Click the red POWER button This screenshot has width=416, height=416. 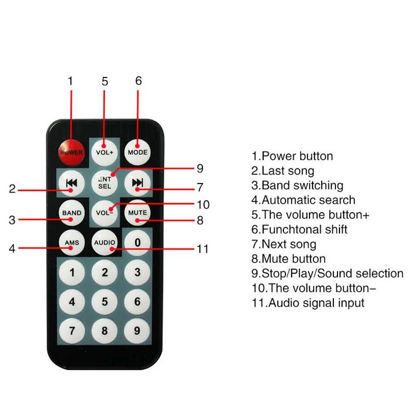[x=72, y=152]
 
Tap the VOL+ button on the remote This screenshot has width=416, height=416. [x=105, y=152]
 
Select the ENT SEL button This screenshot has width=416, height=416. [x=105, y=183]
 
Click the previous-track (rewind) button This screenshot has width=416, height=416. [x=72, y=183]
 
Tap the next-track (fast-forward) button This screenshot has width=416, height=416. [x=137, y=183]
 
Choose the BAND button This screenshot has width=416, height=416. [x=72, y=213]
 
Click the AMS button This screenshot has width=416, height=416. [x=72, y=242]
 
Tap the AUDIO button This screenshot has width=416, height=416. [x=105, y=242]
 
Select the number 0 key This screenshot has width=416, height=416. [x=137, y=242]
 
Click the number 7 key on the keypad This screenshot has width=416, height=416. [x=72, y=331]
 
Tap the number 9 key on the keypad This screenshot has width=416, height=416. [x=137, y=331]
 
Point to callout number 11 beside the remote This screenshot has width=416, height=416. [x=203, y=249]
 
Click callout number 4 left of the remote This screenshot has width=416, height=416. [x=12, y=249]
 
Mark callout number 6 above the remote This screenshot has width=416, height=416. [x=138, y=81]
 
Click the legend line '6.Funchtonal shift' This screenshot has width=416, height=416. [x=300, y=229]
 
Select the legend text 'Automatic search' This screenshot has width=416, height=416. [x=308, y=200]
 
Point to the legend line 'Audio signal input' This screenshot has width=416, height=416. [x=316, y=303]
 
